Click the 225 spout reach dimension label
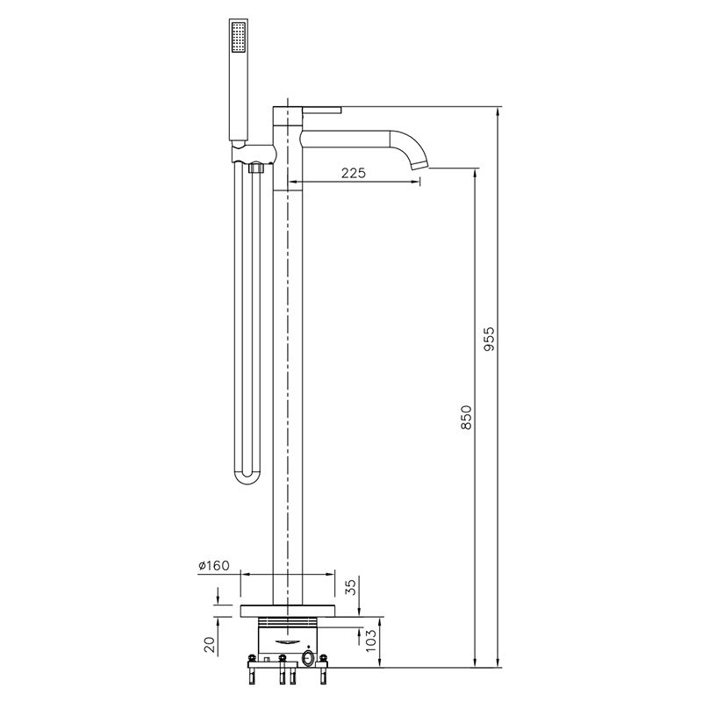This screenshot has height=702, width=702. [x=354, y=173]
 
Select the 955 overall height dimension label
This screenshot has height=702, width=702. [x=491, y=339]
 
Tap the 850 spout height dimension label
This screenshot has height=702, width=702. [x=467, y=418]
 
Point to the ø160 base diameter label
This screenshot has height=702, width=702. [x=214, y=565]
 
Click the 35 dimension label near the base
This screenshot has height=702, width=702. [x=352, y=587]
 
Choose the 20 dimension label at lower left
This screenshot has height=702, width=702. [x=210, y=644]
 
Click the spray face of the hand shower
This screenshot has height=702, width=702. [x=238, y=37]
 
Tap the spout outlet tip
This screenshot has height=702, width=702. [x=419, y=164]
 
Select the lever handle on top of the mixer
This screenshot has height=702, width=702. [x=321, y=110]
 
